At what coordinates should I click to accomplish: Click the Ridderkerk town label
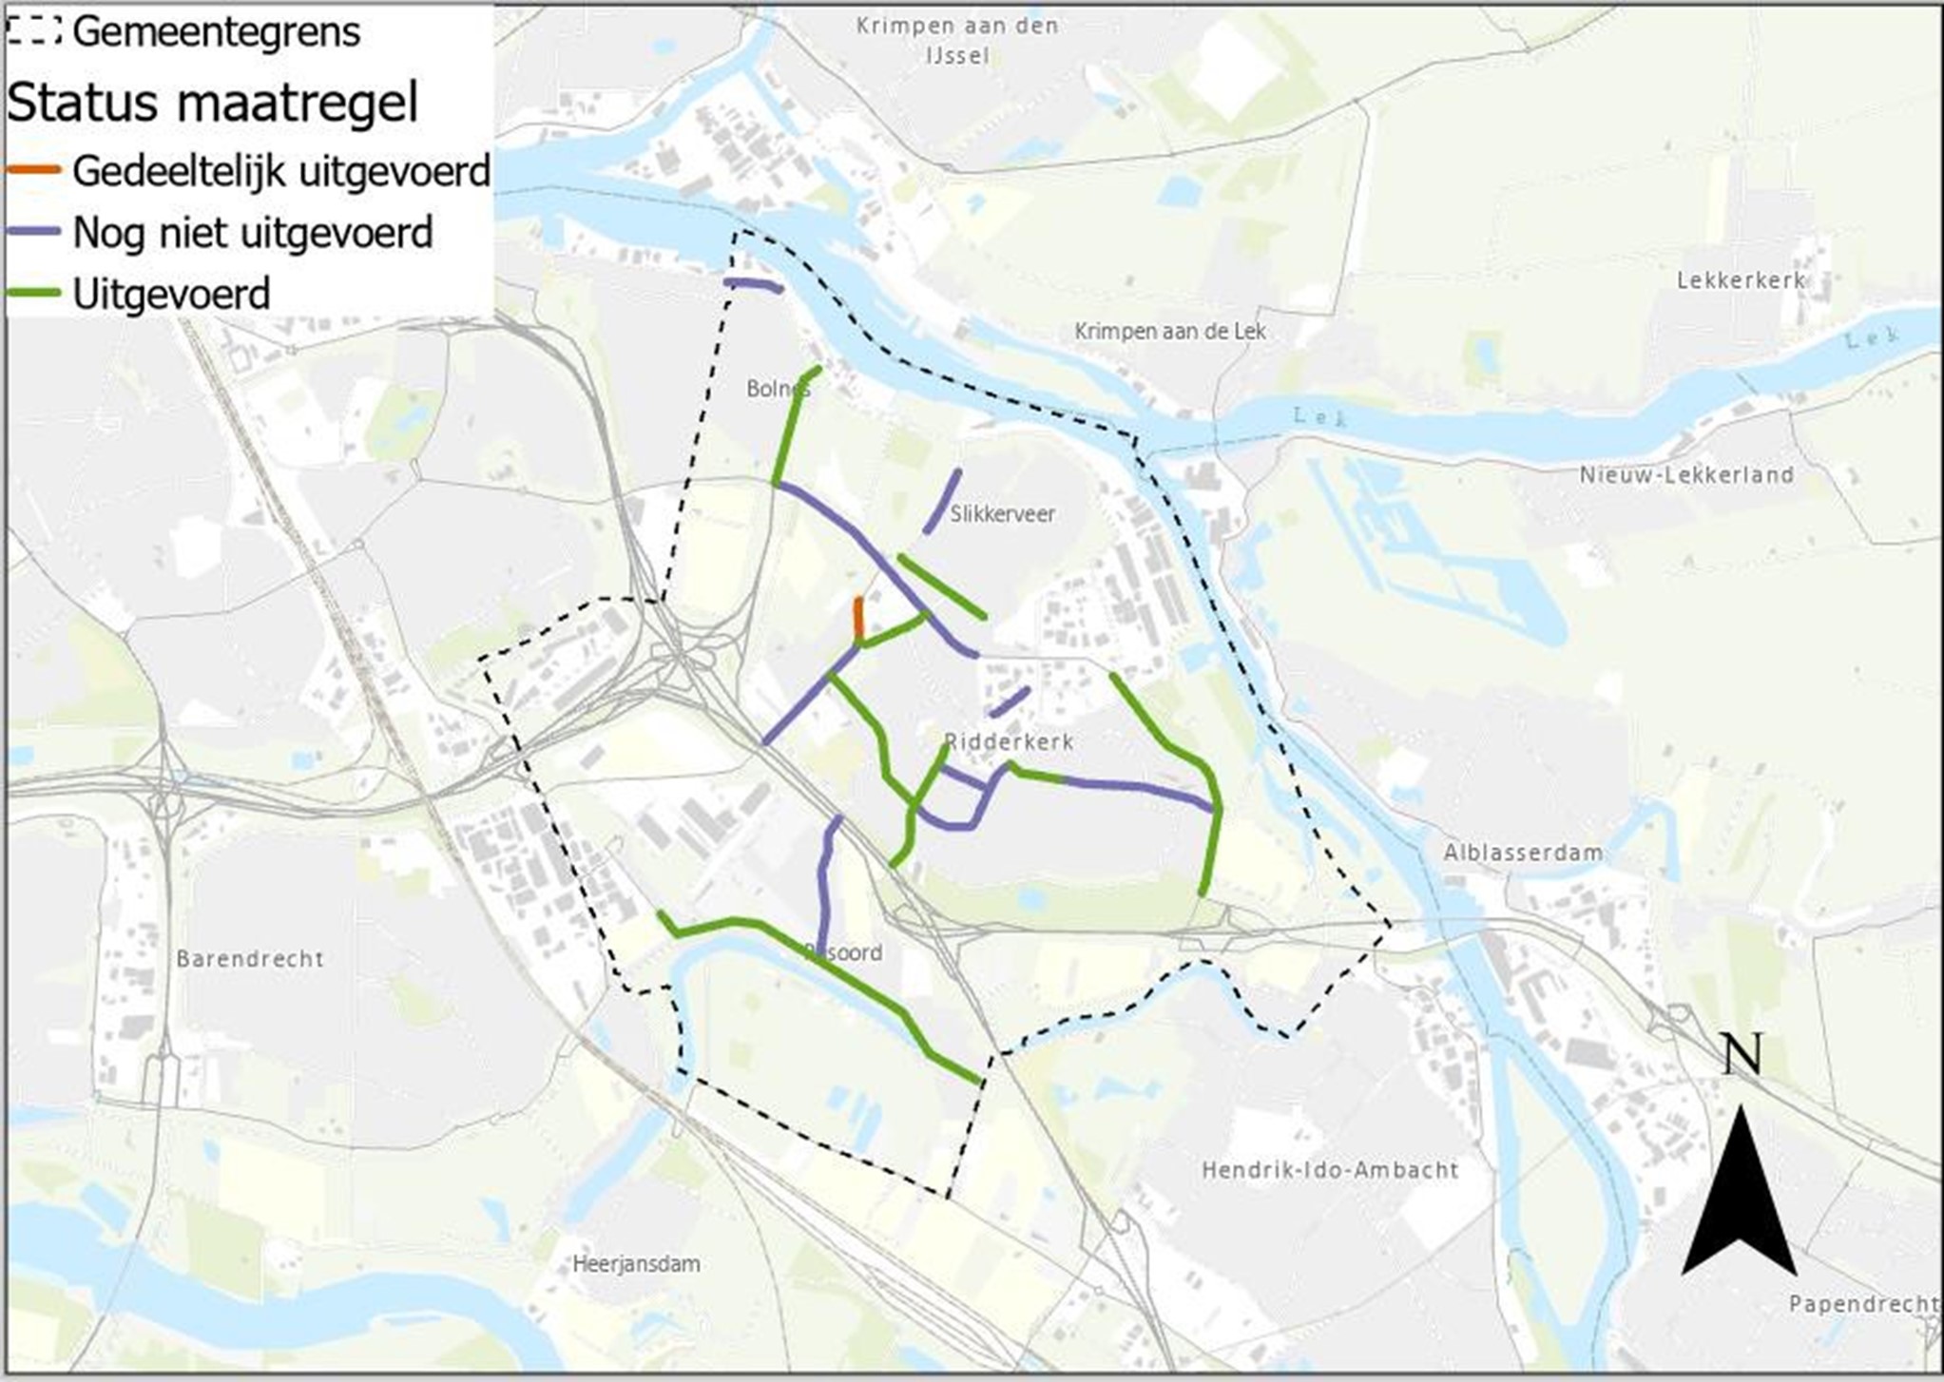point(1009,742)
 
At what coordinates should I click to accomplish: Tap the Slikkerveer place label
point(1003,514)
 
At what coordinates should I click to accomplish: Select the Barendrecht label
point(250,958)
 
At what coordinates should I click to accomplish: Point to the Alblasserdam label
point(1523,853)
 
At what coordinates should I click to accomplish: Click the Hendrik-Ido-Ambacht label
point(1330,1169)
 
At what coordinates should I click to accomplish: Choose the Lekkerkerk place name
point(1741,280)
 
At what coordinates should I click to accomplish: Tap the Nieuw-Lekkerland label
point(1686,474)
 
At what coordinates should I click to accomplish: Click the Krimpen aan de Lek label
point(1170,332)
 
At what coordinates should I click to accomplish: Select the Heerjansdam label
point(636,1264)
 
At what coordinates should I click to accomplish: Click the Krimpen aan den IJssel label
point(957,40)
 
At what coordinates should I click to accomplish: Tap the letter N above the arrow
point(1742,1054)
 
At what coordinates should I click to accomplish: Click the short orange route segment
point(858,618)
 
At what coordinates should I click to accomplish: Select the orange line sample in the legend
point(33,171)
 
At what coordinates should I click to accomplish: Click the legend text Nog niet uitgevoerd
point(253,233)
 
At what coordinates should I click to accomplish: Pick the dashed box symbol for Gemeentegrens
point(33,30)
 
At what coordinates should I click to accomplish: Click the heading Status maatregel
point(212,102)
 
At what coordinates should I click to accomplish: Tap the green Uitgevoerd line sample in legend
point(33,294)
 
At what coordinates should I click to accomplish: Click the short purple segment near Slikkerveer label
point(942,501)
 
